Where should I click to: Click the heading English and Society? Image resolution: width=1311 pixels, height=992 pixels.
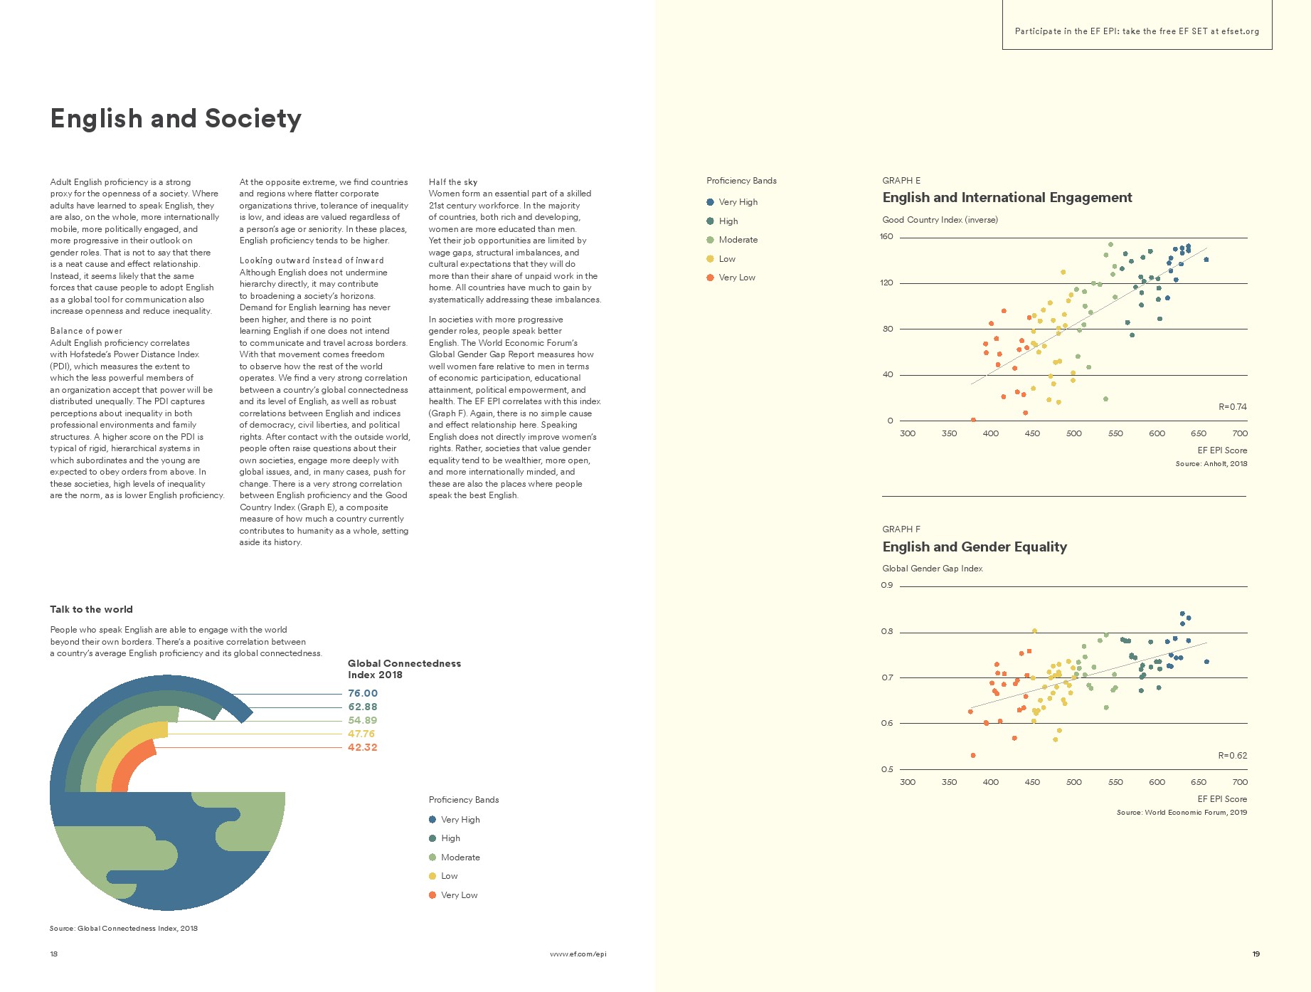click(x=176, y=118)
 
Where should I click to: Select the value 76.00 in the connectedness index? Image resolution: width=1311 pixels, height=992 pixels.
click(x=363, y=693)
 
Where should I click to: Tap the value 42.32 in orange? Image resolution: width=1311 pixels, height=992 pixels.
click(x=363, y=747)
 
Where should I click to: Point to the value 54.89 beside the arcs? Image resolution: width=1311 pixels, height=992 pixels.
click(x=363, y=720)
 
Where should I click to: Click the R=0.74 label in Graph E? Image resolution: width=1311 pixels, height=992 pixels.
click(x=1232, y=407)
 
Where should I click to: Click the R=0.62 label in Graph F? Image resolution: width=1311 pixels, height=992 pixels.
click(x=1232, y=756)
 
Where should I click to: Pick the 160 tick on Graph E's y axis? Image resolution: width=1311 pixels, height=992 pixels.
click(x=886, y=237)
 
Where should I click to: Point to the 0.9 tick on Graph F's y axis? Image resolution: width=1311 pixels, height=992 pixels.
click(x=887, y=586)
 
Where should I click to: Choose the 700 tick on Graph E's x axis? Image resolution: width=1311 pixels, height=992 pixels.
click(x=1240, y=433)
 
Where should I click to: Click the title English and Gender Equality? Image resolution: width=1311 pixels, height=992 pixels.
click(x=975, y=547)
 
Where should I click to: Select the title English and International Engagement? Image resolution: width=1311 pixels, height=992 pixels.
click(x=1007, y=198)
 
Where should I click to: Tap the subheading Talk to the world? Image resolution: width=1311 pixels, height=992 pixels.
click(x=91, y=609)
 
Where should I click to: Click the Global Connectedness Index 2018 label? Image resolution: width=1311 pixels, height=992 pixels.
click(x=404, y=669)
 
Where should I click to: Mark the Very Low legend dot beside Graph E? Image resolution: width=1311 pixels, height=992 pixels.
click(x=710, y=278)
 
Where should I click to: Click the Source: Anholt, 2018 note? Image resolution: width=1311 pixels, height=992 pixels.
click(x=1211, y=464)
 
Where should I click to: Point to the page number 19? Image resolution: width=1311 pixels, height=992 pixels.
click(x=1256, y=954)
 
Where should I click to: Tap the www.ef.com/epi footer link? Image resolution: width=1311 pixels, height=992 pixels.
click(x=578, y=954)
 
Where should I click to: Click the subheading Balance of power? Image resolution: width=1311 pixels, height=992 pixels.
click(x=86, y=331)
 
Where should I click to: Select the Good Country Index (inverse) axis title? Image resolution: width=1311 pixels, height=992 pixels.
click(x=940, y=220)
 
